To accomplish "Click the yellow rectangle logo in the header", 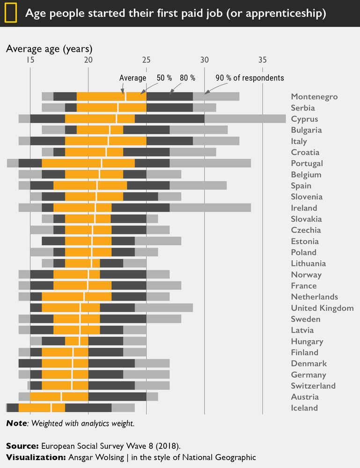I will pos(11,13).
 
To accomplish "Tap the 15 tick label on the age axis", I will pos(30,60).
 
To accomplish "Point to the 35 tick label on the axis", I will pos(263,60).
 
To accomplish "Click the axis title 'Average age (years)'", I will pos(49,49).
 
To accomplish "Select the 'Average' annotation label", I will pos(132,78).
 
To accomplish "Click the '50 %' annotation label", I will pos(164,78).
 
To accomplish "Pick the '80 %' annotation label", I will pos(187,78).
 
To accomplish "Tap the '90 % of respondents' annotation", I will pos(250,78).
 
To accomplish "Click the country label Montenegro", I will pos(314,97).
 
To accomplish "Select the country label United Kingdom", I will pos(322,308).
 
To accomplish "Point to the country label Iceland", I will pos(304,408).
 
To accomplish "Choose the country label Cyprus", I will pos(304,119).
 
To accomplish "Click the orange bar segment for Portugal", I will pos(88,163).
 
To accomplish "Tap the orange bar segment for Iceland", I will pos(42,408).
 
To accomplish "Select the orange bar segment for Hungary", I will pos(77,341).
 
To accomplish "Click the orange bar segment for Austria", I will pos(59,397).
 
